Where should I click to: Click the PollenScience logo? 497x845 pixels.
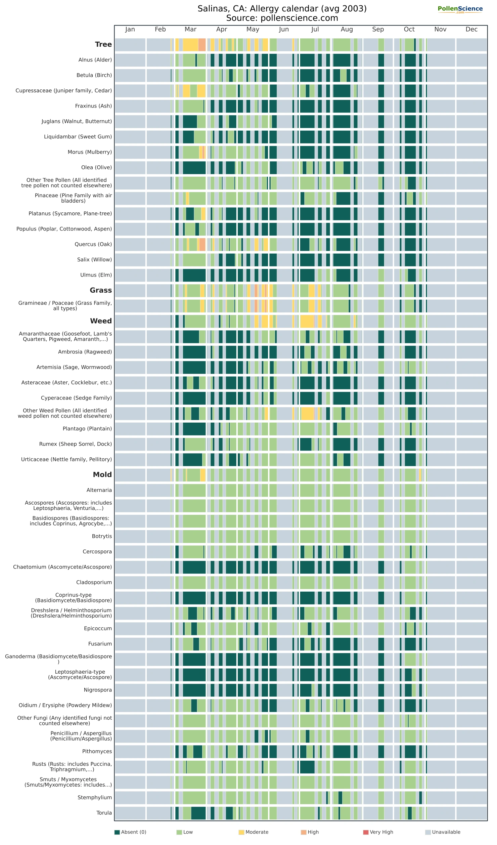pyautogui.click(x=460, y=9)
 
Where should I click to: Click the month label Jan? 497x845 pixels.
pyautogui.click(x=130, y=30)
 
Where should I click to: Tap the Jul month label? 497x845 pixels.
pyautogui.click(x=315, y=30)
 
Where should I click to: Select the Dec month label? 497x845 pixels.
pyautogui.click(x=471, y=30)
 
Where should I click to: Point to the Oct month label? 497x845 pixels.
pyautogui.click(x=409, y=30)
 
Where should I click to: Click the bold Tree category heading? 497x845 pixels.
pyautogui.click(x=103, y=44)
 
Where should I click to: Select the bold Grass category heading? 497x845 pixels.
pyautogui.click(x=101, y=290)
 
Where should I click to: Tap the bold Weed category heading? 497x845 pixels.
pyautogui.click(x=101, y=321)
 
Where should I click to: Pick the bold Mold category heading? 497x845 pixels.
pyautogui.click(x=102, y=475)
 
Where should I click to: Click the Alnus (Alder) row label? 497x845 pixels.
pyautogui.click(x=95, y=60)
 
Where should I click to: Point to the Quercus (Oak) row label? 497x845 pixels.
pyautogui.click(x=93, y=244)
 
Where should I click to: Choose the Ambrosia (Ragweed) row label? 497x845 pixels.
pyautogui.click(x=85, y=352)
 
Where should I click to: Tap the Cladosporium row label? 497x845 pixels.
pyautogui.click(x=94, y=582)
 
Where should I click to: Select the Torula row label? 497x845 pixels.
pyautogui.click(x=104, y=813)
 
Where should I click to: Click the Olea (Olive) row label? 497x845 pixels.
pyautogui.click(x=96, y=167)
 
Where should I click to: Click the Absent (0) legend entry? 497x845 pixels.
pyautogui.click(x=130, y=832)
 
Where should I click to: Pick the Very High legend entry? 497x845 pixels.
pyautogui.click(x=378, y=832)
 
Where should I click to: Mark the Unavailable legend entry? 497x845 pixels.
pyautogui.click(x=443, y=832)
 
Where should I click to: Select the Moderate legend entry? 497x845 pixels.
pyautogui.click(x=254, y=832)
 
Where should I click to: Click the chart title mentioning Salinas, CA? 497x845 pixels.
pyautogui.click(x=282, y=13)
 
